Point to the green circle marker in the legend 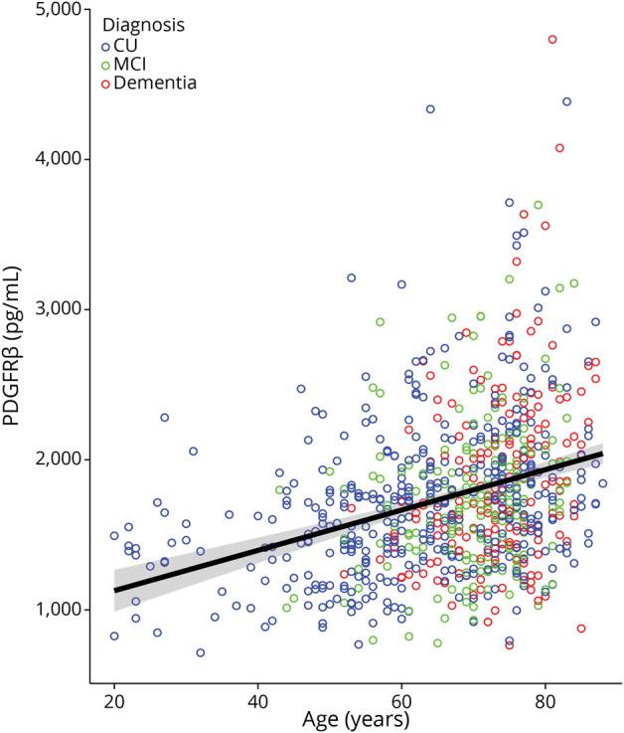(x=106, y=64)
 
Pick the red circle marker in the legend (x=106, y=84)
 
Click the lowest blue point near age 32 (x=201, y=653)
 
